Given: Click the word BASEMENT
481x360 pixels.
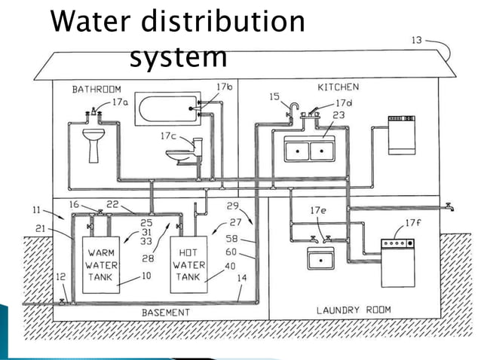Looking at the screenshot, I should pyautogui.click(x=165, y=312).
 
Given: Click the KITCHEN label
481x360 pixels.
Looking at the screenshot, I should pyautogui.click(x=338, y=87).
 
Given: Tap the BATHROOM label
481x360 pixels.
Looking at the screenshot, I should pyautogui.click(x=97, y=89).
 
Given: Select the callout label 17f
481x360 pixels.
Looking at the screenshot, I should pyautogui.click(x=414, y=223).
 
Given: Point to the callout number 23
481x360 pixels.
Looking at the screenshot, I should pyautogui.click(x=338, y=115).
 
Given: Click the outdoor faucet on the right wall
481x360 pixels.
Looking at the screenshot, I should pyautogui.click(x=449, y=206).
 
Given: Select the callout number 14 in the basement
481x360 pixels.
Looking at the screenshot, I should pyautogui.click(x=241, y=278).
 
